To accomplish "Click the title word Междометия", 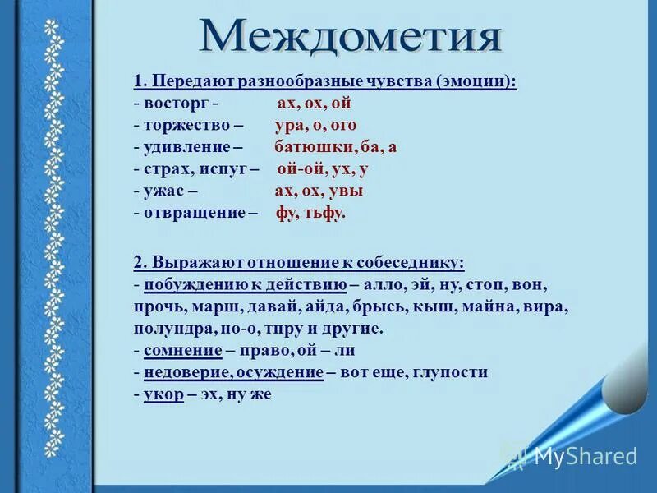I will (350, 37).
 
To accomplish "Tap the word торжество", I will (183, 126).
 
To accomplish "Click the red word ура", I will (290, 126).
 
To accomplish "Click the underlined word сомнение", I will (183, 350).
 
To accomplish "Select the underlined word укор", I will (163, 394).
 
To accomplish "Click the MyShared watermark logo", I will (572, 456).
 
